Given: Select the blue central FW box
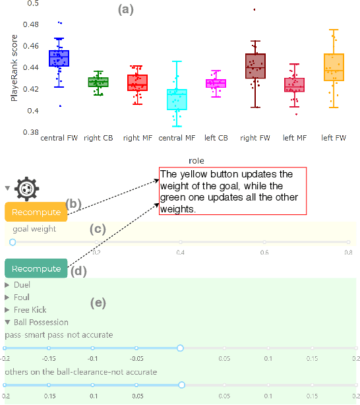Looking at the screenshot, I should pos(59,58).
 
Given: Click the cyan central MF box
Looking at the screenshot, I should pos(176,99).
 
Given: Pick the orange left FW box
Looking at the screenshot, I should pos(334,67).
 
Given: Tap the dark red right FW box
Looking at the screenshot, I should pos(255,66).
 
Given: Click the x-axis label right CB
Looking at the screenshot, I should pos(98,138).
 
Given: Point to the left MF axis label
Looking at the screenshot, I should pos(293,138).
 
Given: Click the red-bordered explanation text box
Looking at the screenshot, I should pos(233,191).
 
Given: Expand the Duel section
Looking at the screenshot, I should pos(21,286).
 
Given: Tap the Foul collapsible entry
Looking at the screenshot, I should pos(21,297).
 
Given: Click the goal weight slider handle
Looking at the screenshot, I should pos(12,242).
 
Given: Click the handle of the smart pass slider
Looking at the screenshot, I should pos(180,348).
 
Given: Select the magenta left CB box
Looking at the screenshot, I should pos(216,83).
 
